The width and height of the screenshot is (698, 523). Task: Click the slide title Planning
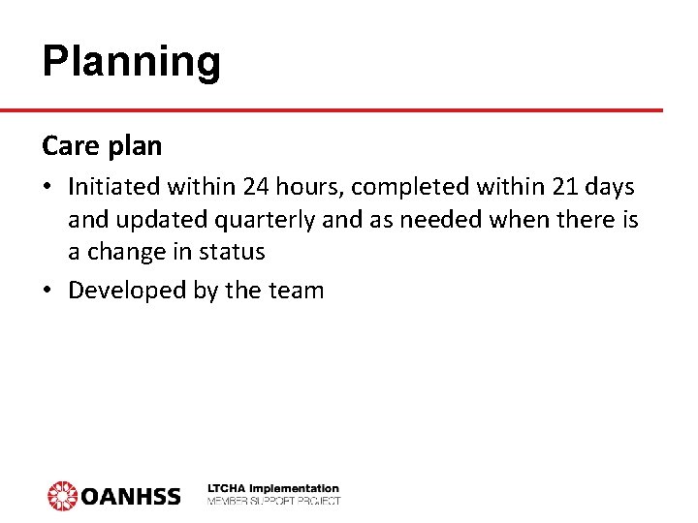click(132, 62)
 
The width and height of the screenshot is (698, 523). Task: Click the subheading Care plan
click(102, 146)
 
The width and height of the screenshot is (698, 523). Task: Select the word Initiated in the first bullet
click(111, 187)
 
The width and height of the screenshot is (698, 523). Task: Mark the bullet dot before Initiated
click(48, 188)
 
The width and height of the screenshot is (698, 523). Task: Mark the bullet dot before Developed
click(48, 290)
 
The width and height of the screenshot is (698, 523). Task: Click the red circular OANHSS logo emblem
click(62, 495)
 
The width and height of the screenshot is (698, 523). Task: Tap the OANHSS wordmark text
click(131, 496)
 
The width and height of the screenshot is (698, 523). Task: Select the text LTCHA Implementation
click(273, 489)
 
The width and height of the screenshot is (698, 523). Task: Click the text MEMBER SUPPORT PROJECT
click(273, 501)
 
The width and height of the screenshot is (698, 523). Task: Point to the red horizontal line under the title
click(349, 110)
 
